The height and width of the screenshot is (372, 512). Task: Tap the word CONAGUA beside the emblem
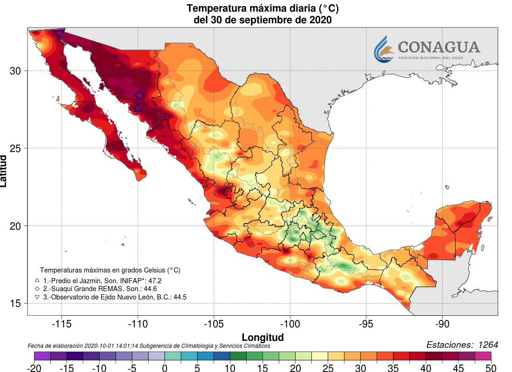[x=438, y=47]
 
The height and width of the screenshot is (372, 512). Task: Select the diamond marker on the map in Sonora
[x=139, y=95]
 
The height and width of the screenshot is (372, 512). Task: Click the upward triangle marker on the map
[x=138, y=108]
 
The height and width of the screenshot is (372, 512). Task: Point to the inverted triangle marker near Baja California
[x=59, y=34]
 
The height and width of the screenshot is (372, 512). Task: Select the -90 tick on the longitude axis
[x=442, y=324]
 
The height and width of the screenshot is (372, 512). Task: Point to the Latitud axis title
[x=4, y=171]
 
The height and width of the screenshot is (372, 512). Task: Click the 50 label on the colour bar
[x=491, y=368]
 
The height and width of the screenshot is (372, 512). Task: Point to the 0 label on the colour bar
[x=165, y=368]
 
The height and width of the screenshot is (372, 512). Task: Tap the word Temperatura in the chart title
[x=217, y=8]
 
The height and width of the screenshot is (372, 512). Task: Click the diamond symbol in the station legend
[x=37, y=289]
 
